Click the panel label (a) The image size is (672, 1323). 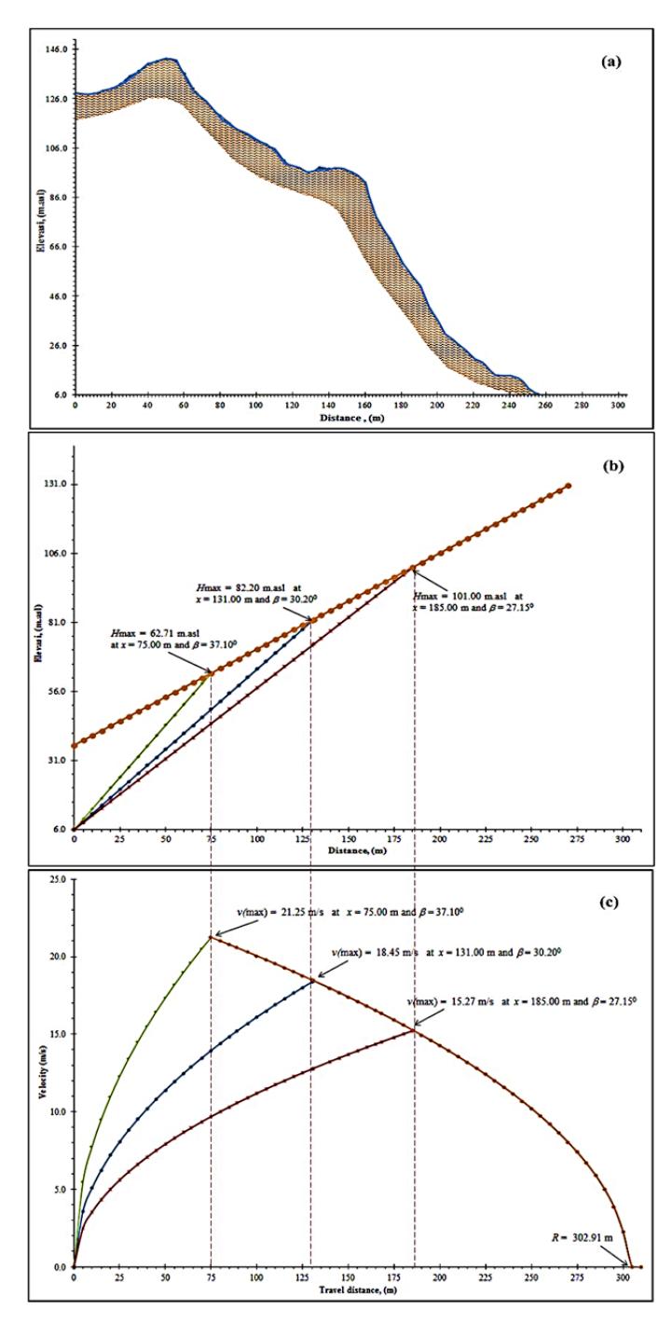click(610, 62)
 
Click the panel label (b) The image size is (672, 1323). click(613, 466)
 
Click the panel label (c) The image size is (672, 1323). click(609, 903)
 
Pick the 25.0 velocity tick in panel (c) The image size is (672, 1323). click(57, 879)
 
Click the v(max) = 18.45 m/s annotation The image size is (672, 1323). click(446, 953)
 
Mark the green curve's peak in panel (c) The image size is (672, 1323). click(211, 937)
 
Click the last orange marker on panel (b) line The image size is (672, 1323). click(569, 486)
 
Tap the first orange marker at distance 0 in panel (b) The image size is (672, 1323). click(74, 746)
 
